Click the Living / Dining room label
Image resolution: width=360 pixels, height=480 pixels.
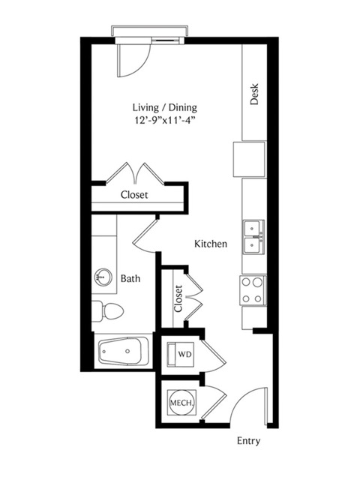[x=165, y=108]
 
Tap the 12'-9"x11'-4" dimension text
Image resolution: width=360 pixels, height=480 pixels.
[x=165, y=120]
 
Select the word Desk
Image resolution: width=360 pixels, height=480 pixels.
[x=254, y=94]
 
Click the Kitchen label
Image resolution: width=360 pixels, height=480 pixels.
[x=211, y=244]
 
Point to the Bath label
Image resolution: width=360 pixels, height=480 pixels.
[x=130, y=278]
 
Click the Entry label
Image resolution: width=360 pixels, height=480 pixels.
[x=248, y=441]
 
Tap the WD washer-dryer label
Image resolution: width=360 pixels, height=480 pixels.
[x=185, y=354]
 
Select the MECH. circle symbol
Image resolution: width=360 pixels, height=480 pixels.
[x=182, y=402]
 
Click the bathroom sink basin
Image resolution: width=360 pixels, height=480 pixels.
[x=103, y=277]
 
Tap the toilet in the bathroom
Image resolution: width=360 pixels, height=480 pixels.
[x=107, y=311]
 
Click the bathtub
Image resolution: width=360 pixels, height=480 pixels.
[x=123, y=352]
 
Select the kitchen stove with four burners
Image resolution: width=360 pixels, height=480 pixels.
[x=253, y=290]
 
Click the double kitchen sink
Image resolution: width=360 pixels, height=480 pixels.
[x=253, y=237]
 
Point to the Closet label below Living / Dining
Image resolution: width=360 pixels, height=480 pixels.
[x=134, y=195]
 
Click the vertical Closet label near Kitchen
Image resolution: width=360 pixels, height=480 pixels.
[x=178, y=298]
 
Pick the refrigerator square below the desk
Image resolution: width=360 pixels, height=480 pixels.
[x=249, y=159]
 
